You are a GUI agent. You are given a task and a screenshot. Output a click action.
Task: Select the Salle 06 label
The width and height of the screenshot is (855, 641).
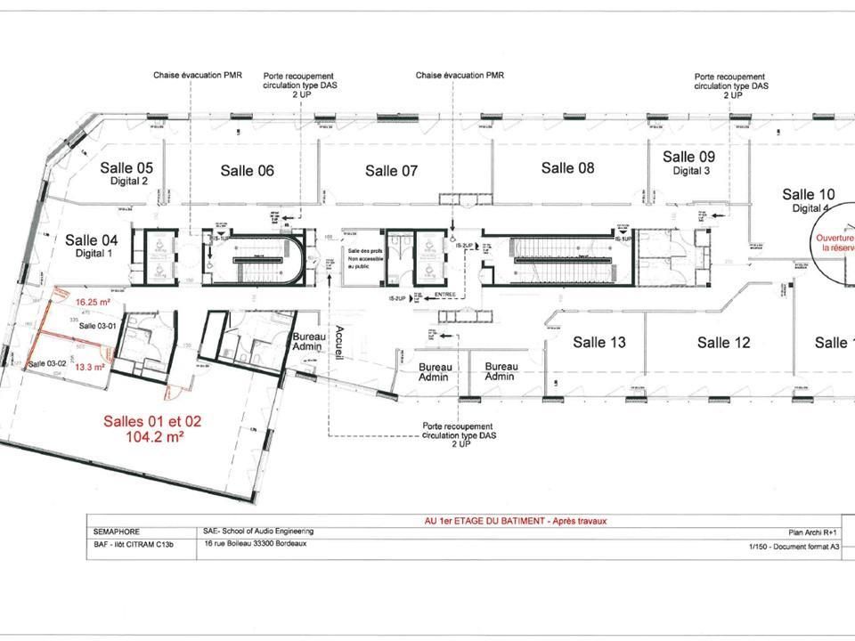coord(247,171)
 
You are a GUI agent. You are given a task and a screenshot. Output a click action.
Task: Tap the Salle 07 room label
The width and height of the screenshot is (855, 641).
coord(391,171)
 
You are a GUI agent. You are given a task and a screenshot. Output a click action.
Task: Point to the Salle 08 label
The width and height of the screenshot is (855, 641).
coord(567,167)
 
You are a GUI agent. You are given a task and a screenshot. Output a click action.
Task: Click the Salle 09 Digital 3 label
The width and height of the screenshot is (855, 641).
coord(689,162)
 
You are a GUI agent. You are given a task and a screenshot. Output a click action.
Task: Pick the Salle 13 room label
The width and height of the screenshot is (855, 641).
coord(598,342)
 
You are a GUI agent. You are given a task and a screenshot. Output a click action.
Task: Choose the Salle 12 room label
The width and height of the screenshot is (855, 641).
coord(723,342)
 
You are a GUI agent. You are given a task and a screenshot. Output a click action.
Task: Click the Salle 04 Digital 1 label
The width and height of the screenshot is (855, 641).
coord(92,245)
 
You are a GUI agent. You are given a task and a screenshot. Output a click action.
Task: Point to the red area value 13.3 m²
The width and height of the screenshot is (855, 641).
coord(90,366)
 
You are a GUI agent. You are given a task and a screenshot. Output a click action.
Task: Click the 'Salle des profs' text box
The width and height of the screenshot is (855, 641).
coord(363,257)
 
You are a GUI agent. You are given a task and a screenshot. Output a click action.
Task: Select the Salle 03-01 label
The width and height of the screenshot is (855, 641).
coord(97,327)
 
